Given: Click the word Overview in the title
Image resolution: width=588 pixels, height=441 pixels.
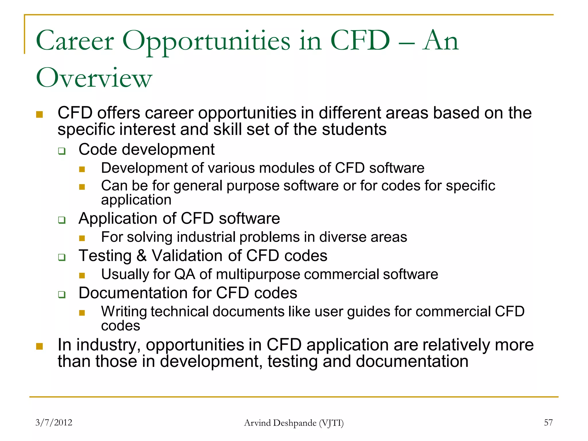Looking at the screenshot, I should tap(94, 78).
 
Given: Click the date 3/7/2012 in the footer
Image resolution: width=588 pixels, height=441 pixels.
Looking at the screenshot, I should tap(54, 422).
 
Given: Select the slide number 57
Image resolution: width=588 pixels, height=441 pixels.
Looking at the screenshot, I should tap(548, 422).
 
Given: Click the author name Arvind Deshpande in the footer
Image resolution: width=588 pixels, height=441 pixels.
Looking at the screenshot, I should tap(280, 423).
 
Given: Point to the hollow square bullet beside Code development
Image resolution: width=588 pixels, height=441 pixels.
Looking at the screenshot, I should tap(62, 151).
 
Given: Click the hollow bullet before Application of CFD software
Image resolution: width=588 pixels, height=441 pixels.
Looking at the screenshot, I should tap(62, 220).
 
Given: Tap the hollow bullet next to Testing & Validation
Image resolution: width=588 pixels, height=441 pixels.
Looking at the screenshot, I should tap(62, 257).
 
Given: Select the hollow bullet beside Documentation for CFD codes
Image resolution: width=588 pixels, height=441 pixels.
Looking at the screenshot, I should tap(62, 295).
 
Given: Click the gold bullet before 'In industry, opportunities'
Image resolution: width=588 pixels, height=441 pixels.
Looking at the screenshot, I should tap(39, 346).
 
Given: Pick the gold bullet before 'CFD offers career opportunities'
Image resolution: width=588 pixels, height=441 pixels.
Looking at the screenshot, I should tap(39, 115).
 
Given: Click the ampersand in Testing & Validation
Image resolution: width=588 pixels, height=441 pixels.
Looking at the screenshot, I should tap(142, 256).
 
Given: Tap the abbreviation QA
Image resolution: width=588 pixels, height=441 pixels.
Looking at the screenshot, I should tap(185, 274).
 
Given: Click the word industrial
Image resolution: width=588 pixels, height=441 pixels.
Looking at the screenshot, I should tap(206, 237).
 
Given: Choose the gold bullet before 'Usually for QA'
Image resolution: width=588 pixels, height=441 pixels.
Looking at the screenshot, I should tap(82, 276).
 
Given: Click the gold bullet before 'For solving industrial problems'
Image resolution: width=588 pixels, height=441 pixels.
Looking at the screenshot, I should tap(82, 238).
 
